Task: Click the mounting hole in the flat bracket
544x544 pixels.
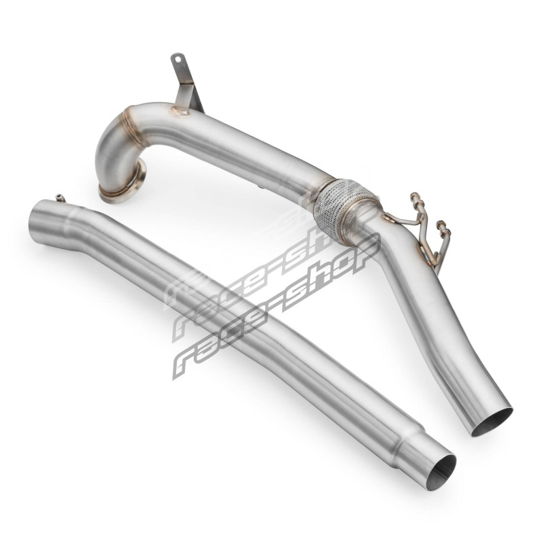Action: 178,60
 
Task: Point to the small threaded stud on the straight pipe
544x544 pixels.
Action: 60,197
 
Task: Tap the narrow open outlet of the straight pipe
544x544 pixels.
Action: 441,471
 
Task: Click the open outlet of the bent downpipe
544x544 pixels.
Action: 492,421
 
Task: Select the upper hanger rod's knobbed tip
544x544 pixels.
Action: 415,197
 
